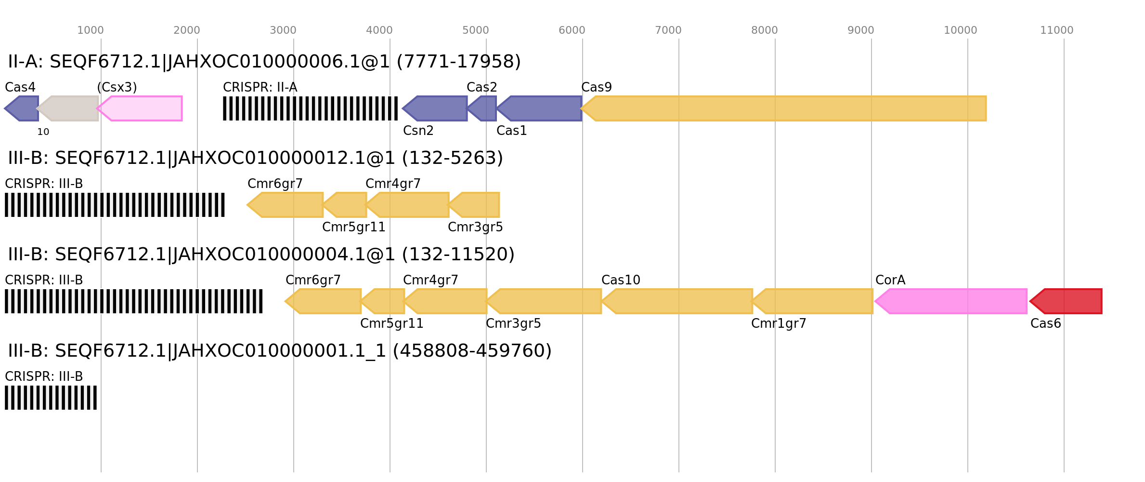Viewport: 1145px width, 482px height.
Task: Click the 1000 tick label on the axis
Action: [x=90, y=30]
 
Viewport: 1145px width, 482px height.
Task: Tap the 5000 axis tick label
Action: [x=475, y=30]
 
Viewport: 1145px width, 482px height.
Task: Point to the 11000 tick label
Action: [x=1056, y=30]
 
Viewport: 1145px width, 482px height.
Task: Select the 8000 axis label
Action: [x=764, y=30]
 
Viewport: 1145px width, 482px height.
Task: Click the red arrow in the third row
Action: [x=1067, y=301]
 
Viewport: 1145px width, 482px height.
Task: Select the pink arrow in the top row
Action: [x=141, y=108]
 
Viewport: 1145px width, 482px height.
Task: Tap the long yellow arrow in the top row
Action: [x=785, y=108]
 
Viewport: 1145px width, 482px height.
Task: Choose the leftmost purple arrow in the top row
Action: [x=23, y=108]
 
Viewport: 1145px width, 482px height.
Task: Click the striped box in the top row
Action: [x=310, y=108]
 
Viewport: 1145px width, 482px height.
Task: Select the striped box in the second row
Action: [x=115, y=205]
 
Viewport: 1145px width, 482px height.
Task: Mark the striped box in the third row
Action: [x=133, y=301]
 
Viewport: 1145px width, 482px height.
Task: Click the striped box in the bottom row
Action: [x=51, y=398]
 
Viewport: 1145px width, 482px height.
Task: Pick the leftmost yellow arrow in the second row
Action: [x=286, y=205]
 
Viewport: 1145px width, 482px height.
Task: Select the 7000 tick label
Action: [x=668, y=30]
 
